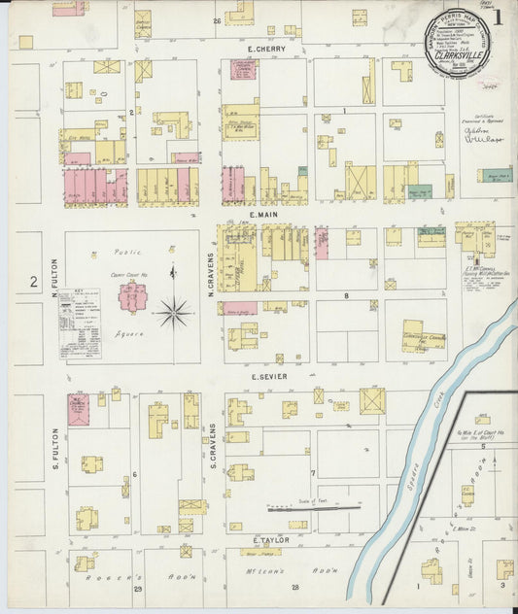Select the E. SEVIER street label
264,376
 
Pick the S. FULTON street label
55,449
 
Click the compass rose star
175,311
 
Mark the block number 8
344,292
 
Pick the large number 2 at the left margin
32,283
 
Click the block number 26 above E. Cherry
219,20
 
